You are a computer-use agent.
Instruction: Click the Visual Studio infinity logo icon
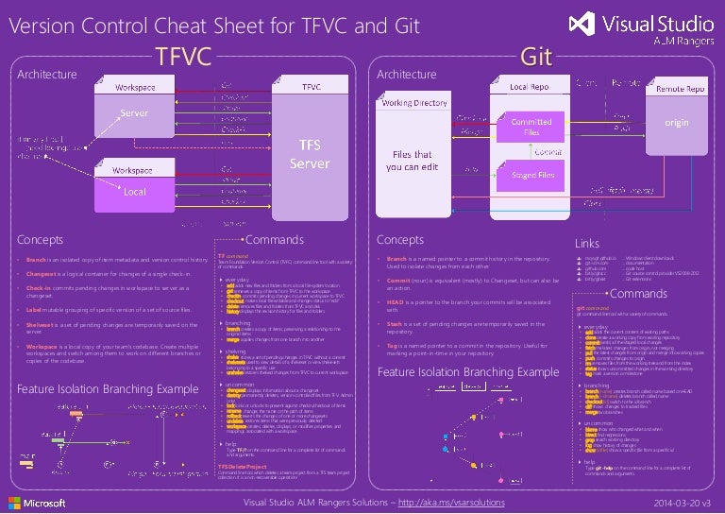[x=587, y=24]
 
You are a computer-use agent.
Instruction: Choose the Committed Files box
[x=531, y=128]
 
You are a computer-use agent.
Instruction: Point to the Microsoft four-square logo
[x=18, y=502]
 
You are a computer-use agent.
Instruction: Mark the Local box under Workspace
[x=136, y=192]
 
